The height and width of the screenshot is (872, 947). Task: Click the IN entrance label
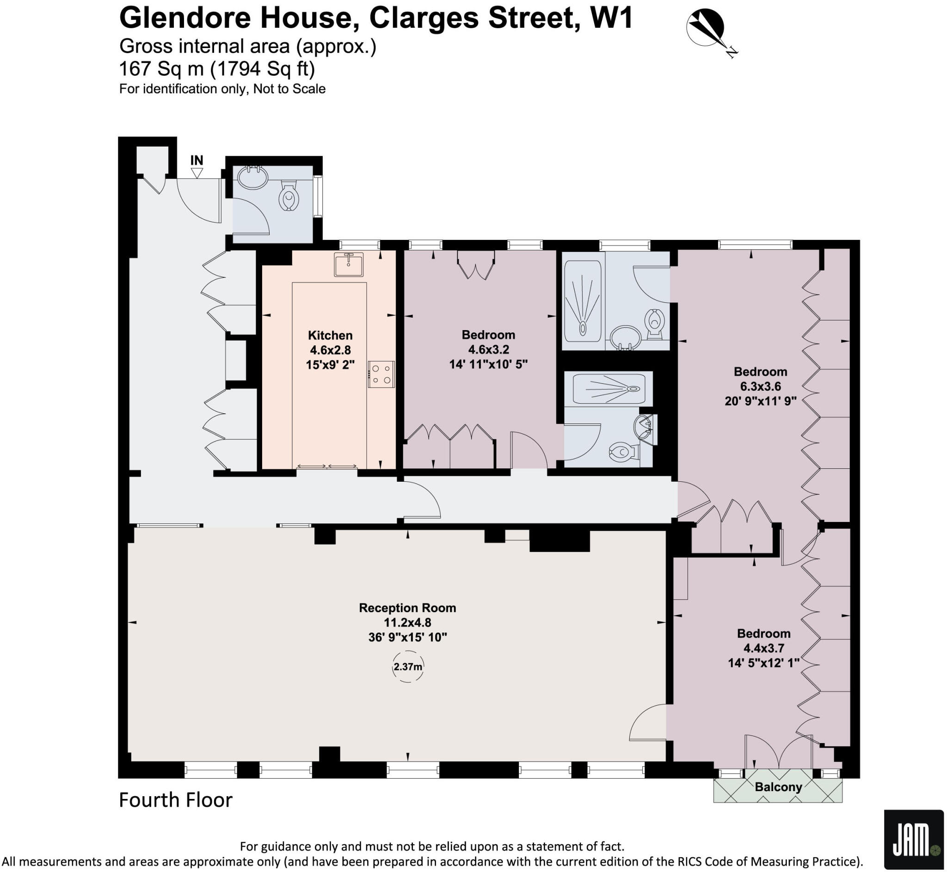[x=197, y=160]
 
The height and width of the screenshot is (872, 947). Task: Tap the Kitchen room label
[x=330, y=336]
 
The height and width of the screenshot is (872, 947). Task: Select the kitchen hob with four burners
[x=381, y=374]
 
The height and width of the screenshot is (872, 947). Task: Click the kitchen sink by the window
[x=349, y=264]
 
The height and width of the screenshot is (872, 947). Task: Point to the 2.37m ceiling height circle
[x=408, y=667]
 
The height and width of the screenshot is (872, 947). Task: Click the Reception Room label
[x=407, y=608]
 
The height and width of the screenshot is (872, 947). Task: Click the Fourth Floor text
[x=176, y=800]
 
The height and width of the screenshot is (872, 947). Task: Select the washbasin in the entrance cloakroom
[x=252, y=178]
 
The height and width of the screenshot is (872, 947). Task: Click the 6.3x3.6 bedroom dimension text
[x=760, y=387]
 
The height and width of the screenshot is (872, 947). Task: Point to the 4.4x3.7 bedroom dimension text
[x=763, y=648]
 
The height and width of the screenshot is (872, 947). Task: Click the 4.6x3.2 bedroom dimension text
[x=488, y=350]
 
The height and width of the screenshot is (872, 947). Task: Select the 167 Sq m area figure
[x=161, y=69]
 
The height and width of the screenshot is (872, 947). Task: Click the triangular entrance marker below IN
[x=197, y=173]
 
